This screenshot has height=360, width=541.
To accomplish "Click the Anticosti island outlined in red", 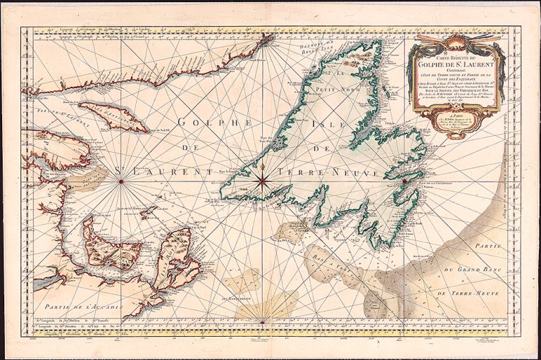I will click(x=113, y=117).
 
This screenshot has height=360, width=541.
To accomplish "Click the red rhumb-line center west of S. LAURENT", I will click(x=121, y=182).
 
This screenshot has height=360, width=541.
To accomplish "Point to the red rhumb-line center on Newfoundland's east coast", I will click(x=405, y=181).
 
